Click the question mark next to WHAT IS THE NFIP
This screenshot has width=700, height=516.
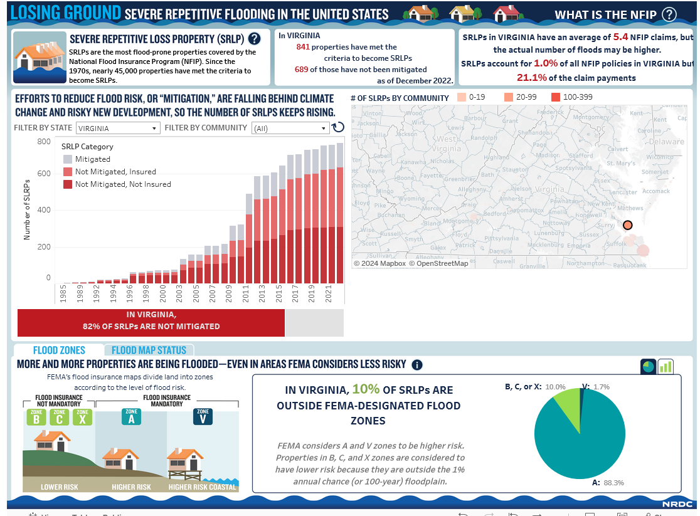669,14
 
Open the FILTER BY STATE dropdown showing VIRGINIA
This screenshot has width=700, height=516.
118,128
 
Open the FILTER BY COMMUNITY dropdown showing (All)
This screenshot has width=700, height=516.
290,128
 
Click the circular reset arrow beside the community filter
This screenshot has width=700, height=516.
338,127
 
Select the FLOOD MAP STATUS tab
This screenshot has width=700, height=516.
149,350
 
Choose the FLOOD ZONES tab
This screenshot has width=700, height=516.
59,350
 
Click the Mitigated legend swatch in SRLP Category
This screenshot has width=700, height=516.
67,159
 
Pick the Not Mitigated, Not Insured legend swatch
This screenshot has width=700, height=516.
67,184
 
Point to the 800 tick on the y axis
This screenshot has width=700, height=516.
44,142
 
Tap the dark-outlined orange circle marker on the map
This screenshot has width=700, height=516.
628,225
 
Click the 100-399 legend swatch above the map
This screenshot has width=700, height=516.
556,97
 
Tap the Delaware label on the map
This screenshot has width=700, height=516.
666,142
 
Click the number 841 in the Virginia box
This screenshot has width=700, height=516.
303,47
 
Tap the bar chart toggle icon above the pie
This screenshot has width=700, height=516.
666,367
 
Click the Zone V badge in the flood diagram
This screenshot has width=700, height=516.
203,417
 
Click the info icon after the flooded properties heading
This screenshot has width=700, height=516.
417,365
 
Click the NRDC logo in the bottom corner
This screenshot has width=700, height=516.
677,503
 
